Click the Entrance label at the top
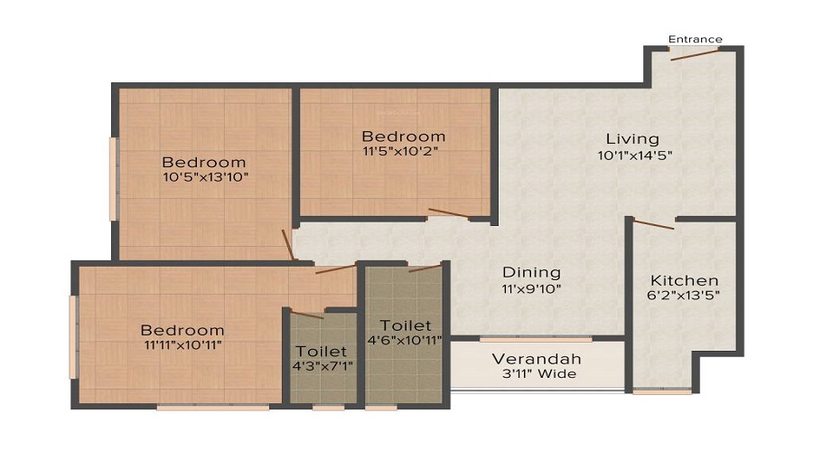[695, 39]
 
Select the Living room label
[632, 139]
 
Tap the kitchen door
[653, 224]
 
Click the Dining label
[531, 272]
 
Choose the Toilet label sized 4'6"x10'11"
[405, 325]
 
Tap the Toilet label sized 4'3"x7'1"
[321, 351]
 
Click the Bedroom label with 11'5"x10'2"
[403, 137]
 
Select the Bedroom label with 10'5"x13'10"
[205, 161]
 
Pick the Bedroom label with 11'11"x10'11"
[182, 330]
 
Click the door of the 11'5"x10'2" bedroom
[448, 215]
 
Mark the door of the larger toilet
[424, 268]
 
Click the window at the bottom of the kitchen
[662, 391]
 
